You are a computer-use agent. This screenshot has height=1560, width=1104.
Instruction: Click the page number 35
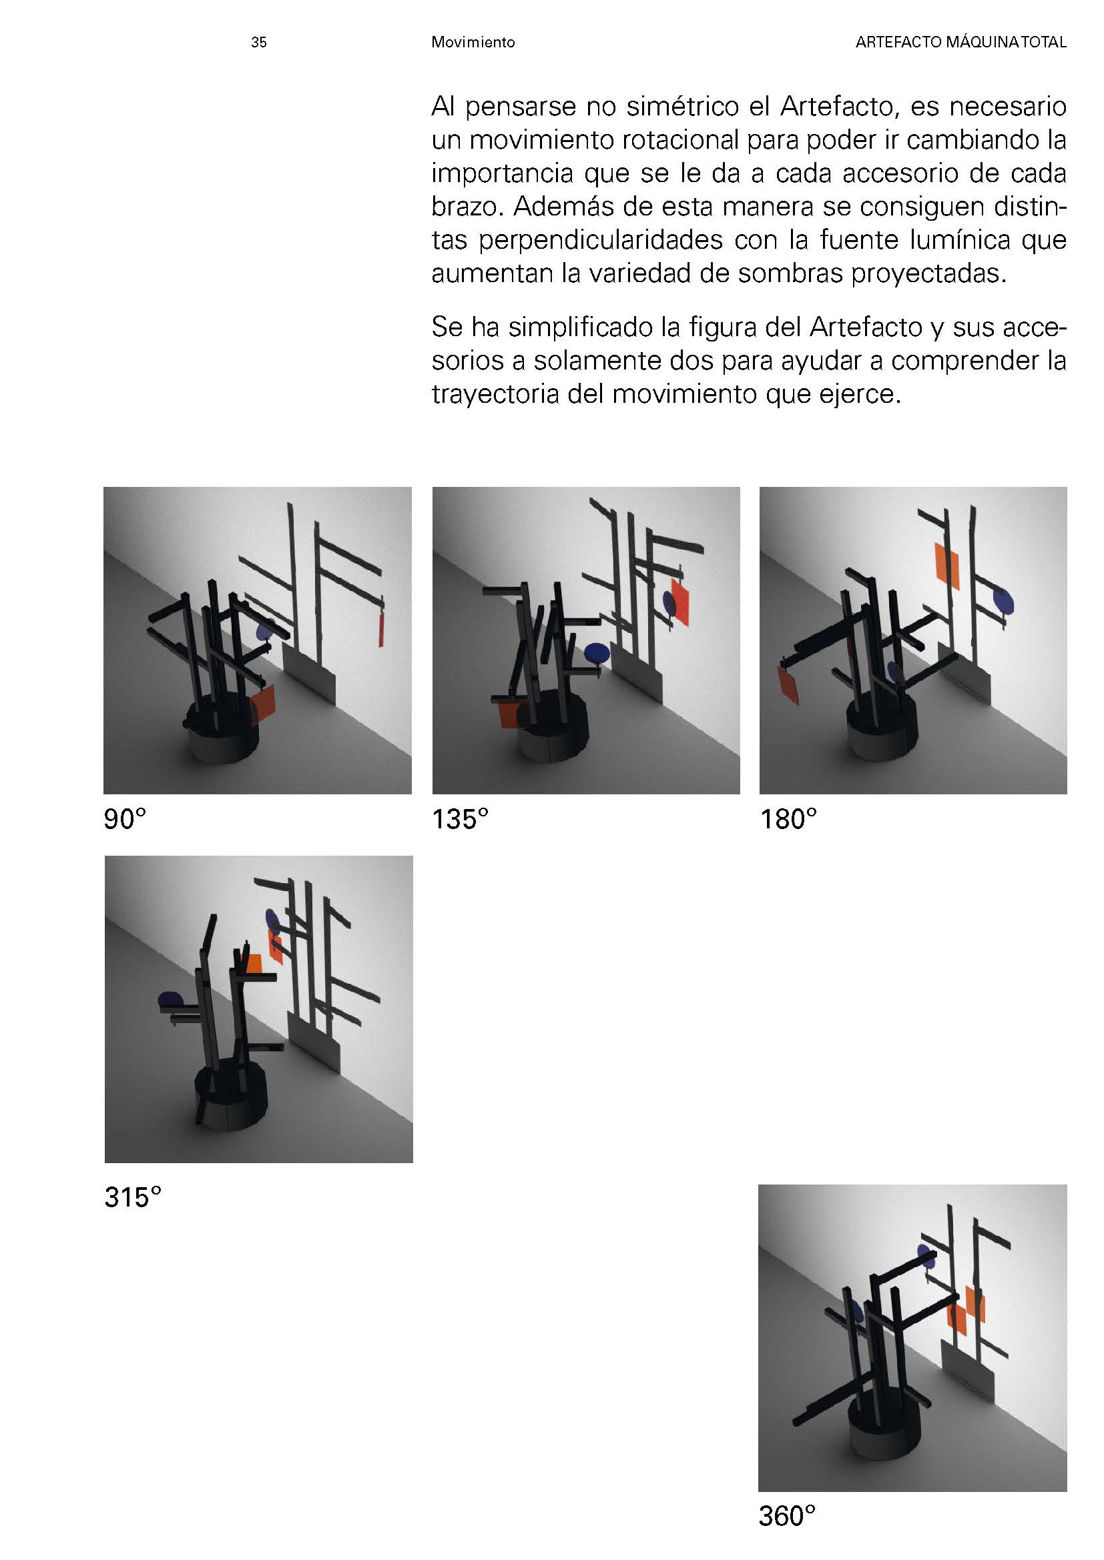pos(258,42)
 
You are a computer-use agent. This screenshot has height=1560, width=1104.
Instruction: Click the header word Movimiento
pos(473,42)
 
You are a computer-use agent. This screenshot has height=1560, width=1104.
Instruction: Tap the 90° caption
pos(125,820)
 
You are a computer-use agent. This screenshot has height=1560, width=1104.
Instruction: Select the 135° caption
pos(461,820)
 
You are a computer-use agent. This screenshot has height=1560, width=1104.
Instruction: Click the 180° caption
pos(788,820)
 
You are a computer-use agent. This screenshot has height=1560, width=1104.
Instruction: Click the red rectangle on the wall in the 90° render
pos(382,629)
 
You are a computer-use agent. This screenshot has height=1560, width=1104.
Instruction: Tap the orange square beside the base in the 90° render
pos(262,704)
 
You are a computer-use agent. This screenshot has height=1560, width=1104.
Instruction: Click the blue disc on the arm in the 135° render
pos(596,653)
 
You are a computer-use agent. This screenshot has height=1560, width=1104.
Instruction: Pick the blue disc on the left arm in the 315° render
pos(170,1000)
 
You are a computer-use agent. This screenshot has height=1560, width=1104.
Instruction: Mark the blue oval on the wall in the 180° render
pos(1003,600)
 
